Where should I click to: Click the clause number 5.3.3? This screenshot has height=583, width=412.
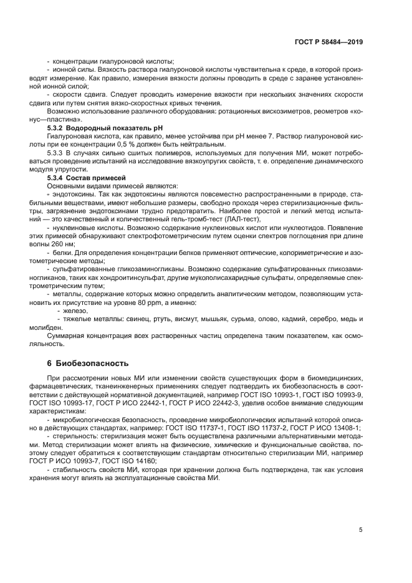click(57, 152)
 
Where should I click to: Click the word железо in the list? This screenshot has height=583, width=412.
click(75, 310)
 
